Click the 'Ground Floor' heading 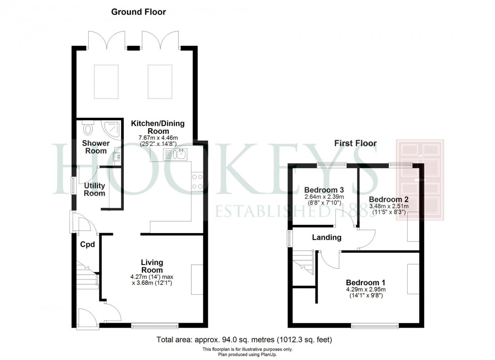click(x=139, y=12)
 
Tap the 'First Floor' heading click(x=355, y=144)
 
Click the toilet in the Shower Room click(x=88, y=129)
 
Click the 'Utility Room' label click(x=94, y=189)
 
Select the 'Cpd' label click(x=87, y=245)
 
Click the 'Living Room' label click(x=152, y=266)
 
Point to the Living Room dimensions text click(x=152, y=280)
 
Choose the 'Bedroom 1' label click(x=366, y=282)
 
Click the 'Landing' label click(x=327, y=237)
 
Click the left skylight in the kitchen click(x=106, y=81)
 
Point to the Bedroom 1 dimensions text click(x=366, y=293)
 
